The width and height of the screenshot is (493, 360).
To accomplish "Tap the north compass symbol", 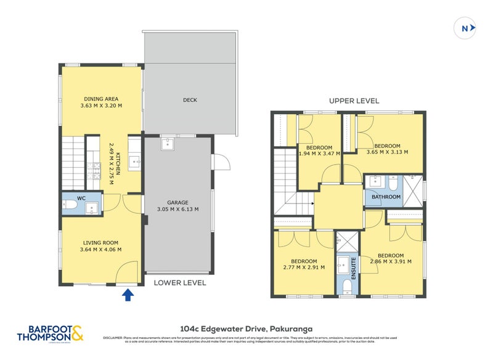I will (x=467, y=28).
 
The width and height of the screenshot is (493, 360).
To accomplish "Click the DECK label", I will (x=190, y=100).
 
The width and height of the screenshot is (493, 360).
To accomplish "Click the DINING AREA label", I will (x=101, y=99).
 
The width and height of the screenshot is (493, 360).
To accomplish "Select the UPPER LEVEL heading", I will (x=354, y=100).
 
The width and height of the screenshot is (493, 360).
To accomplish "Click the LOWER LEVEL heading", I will (x=181, y=283).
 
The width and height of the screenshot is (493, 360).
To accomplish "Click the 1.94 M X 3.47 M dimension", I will (x=319, y=154).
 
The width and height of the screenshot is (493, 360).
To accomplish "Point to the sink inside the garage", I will (x=167, y=144).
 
